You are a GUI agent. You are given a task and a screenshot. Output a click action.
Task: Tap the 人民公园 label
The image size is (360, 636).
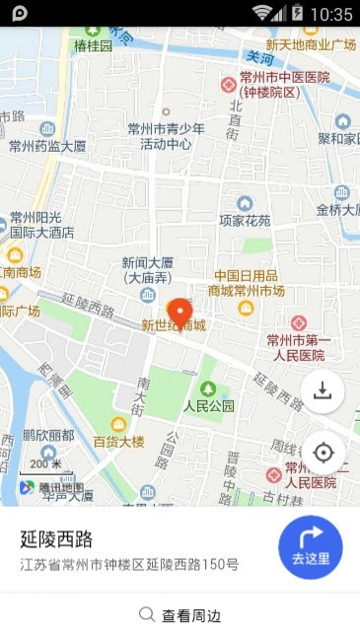tap(208, 405)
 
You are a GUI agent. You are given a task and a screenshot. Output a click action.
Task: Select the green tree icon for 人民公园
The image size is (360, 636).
tap(208, 389)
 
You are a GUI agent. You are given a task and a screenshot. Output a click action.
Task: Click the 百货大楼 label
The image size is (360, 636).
tap(118, 440)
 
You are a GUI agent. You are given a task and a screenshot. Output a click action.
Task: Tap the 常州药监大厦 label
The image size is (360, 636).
tap(46, 146)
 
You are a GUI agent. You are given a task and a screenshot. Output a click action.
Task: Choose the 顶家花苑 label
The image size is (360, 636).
tap(245, 220)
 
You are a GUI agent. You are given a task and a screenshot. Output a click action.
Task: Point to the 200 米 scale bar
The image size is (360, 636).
tap(44, 464)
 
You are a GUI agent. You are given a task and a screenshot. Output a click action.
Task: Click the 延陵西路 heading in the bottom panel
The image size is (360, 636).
tap(56, 538)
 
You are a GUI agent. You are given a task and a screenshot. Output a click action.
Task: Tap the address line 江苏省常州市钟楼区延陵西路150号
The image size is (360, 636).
tap(129, 565)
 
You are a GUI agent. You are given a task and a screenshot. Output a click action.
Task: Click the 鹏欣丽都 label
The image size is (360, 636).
tap(47, 435)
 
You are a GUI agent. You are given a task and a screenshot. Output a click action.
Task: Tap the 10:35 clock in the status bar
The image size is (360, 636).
tap(330, 14)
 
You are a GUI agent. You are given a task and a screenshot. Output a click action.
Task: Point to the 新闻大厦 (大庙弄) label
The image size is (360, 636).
tap(148, 270)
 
